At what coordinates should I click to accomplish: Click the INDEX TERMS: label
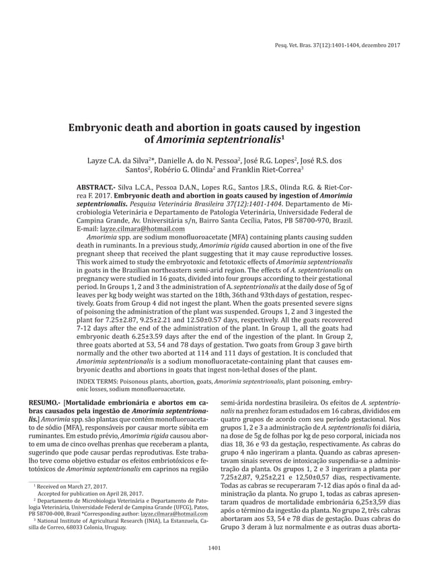(104, 380)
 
